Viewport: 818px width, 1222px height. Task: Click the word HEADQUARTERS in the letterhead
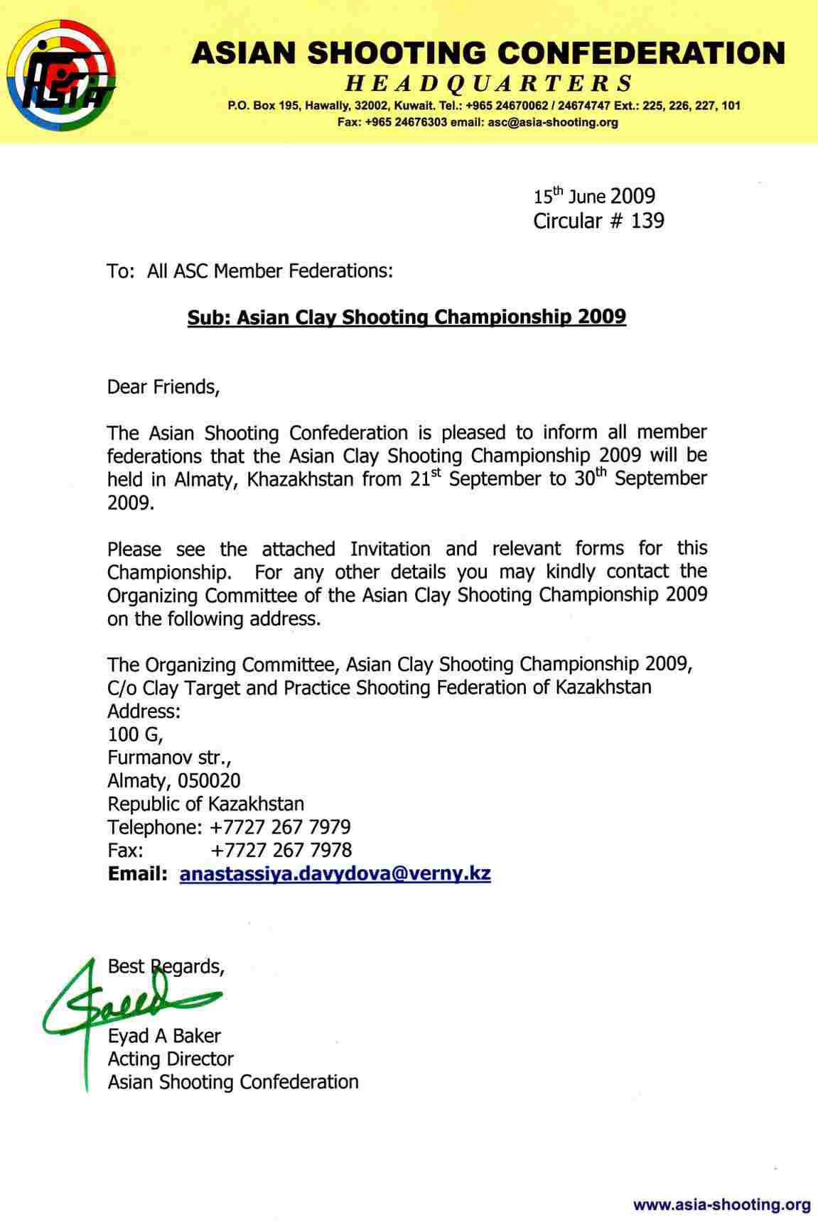(488, 84)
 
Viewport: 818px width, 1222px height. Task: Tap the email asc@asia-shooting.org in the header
(551, 122)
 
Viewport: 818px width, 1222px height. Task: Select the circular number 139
(647, 221)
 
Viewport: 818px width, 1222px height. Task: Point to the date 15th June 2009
(594, 197)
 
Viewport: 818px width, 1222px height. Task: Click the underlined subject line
(407, 317)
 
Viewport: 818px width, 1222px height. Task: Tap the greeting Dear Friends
(163, 387)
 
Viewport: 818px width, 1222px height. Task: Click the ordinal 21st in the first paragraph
(425, 478)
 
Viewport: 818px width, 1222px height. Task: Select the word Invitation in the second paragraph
(390, 549)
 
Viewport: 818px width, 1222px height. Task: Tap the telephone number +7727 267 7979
(281, 827)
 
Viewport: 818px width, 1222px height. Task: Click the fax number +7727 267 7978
(281, 850)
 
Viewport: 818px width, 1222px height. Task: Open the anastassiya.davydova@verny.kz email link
(335, 873)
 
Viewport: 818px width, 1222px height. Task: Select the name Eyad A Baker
(164, 1036)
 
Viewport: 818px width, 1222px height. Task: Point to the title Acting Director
(171, 1059)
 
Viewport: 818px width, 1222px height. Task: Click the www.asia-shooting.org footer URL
(721, 1204)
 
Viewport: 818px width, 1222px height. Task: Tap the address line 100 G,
(135, 734)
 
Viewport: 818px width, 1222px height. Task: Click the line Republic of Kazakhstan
(205, 804)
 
